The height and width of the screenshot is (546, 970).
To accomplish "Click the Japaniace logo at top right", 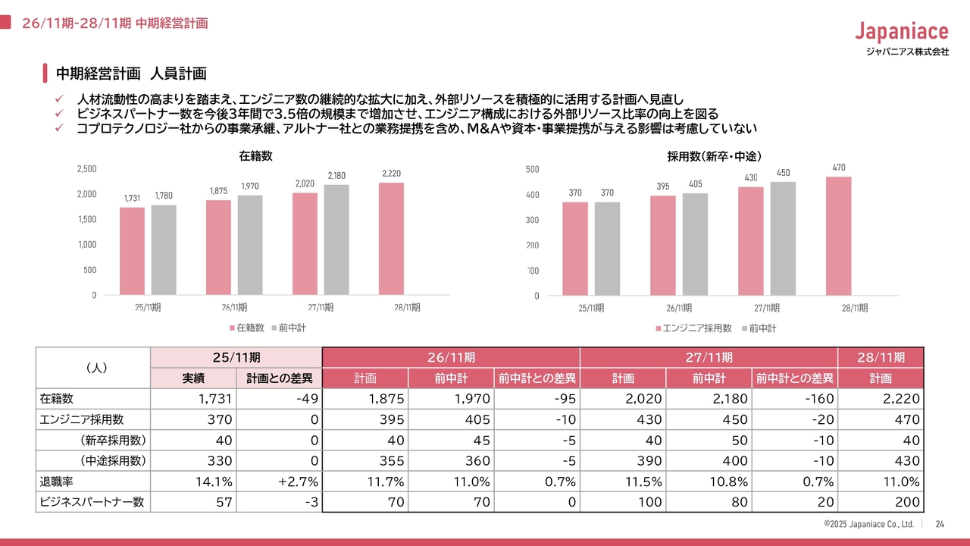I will [x=901, y=32].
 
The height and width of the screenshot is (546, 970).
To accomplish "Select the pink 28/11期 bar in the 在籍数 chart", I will [x=391, y=238].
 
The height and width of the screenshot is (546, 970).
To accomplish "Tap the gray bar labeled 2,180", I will [x=336, y=240].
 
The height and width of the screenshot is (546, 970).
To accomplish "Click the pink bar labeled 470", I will [x=838, y=236].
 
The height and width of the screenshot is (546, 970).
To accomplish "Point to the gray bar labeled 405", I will [x=695, y=244].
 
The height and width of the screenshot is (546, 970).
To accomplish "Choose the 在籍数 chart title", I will [x=255, y=156].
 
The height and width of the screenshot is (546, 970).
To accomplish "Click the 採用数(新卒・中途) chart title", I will [x=714, y=156].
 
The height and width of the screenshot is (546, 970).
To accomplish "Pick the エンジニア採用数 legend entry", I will [x=693, y=328].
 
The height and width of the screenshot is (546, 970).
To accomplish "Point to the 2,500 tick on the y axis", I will [x=87, y=168].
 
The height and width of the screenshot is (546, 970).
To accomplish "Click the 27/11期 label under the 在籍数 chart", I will [x=321, y=307].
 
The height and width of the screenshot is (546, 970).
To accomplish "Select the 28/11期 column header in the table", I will [x=881, y=357].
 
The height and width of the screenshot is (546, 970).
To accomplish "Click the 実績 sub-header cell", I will [x=193, y=378].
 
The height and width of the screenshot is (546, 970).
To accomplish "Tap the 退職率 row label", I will [x=57, y=482].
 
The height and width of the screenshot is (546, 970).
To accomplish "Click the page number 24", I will [x=940, y=524].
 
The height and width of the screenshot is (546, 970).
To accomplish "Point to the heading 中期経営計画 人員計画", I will [x=131, y=74].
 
